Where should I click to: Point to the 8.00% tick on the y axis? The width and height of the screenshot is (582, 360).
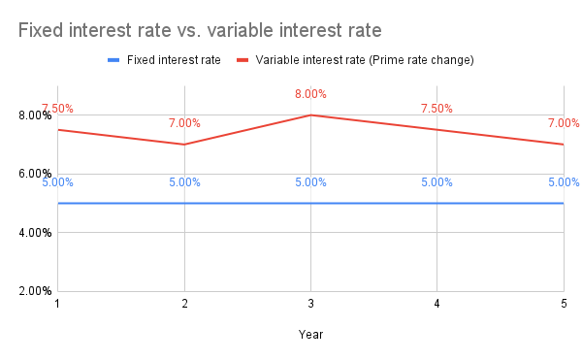[36, 115]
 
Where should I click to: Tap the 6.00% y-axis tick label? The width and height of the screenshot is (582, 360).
[36, 174]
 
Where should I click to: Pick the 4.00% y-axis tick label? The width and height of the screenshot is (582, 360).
[36, 233]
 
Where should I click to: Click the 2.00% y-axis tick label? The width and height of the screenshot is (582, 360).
[36, 291]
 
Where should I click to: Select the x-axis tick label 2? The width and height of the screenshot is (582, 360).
[184, 305]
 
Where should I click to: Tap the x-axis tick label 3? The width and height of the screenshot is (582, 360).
[310, 305]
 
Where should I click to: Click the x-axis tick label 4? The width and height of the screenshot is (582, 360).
[437, 305]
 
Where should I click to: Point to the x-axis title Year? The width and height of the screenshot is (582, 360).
[310, 335]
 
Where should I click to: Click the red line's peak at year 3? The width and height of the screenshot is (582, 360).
[310, 115]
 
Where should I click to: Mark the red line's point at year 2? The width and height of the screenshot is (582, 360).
[184, 145]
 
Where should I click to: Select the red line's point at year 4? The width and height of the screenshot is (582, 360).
[437, 130]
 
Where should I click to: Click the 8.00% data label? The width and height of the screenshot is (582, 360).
[310, 94]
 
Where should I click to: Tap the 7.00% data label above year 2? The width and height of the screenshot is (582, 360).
[184, 123]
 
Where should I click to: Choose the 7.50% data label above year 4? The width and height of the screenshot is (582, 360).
[437, 109]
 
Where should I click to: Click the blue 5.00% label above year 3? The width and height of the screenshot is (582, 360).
[310, 182]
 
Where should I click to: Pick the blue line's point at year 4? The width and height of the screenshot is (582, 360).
[437, 204]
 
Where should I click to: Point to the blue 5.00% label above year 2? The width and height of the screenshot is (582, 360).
[184, 182]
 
